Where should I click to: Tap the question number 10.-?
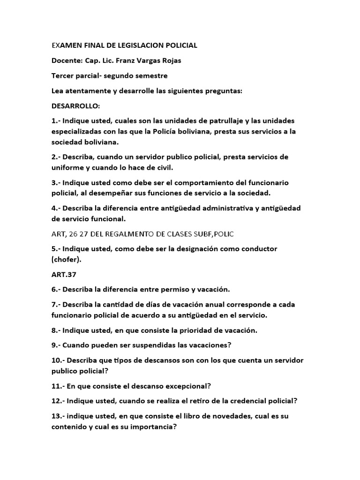[58, 360]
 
